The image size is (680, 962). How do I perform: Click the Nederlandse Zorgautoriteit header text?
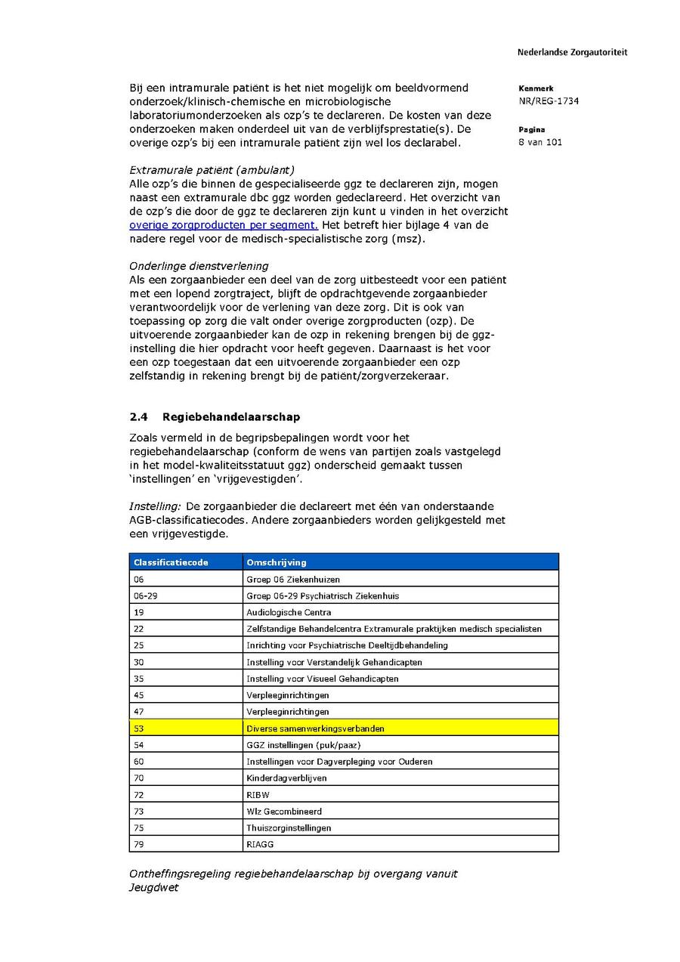(x=572, y=52)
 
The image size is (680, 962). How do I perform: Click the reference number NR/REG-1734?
(x=549, y=101)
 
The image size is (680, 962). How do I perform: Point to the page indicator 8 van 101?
(x=540, y=143)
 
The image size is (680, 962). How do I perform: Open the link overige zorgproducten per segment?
(x=224, y=225)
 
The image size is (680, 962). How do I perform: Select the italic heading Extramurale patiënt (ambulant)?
(x=212, y=170)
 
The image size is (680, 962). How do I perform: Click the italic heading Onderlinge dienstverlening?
(x=199, y=266)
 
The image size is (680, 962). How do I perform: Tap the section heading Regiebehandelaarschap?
(x=230, y=416)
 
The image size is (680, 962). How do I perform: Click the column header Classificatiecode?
(x=171, y=562)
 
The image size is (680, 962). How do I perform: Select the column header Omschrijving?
(x=277, y=562)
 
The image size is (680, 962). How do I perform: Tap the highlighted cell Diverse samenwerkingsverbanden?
(x=315, y=728)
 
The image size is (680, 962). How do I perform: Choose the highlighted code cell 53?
(x=139, y=728)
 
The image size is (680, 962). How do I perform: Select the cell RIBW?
(x=258, y=795)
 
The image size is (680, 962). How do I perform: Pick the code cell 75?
(x=139, y=827)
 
